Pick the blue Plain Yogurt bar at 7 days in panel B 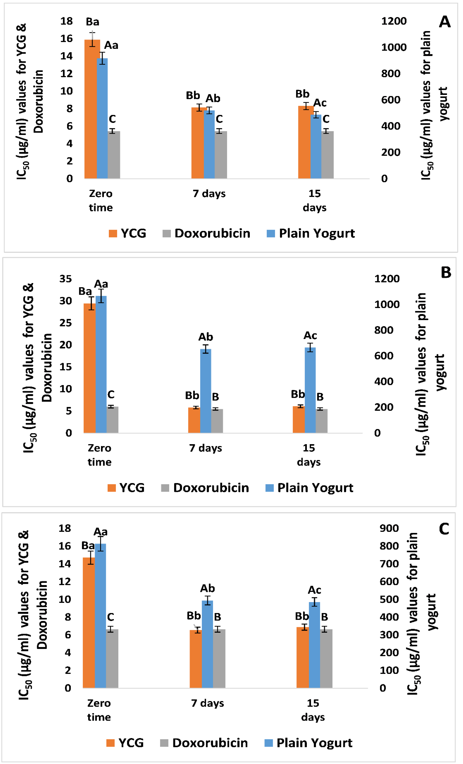(206, 391)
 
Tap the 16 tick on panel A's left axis (66, 39)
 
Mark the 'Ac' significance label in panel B (310, 336)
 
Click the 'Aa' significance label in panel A (111, 45)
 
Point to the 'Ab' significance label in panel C (207, 588)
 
